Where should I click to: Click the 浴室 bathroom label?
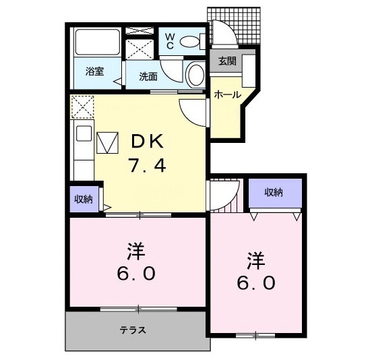[x=94, y=71]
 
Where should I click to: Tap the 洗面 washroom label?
[x=148, y=76]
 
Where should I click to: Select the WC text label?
[x=170, y=40]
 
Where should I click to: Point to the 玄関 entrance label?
[x=226, y=61]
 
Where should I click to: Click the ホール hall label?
[x=226, y=95]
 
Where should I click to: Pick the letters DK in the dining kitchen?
[x=147, y=141]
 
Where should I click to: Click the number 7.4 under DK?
[x=147, y=164]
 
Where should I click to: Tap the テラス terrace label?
[x=133, y=330]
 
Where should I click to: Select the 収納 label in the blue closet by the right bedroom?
[x=273, y=193]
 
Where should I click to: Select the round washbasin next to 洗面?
[x=195, y=75]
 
